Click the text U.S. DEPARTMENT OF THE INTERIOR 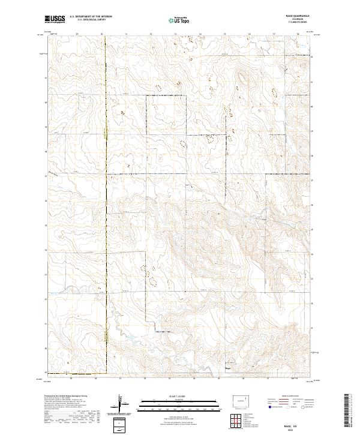pyautogui.click(x=91, y=17)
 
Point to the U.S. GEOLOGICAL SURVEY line pyautogui.click(x=88, y=20)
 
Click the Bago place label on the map pyautogui.click(x=228, y=368)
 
